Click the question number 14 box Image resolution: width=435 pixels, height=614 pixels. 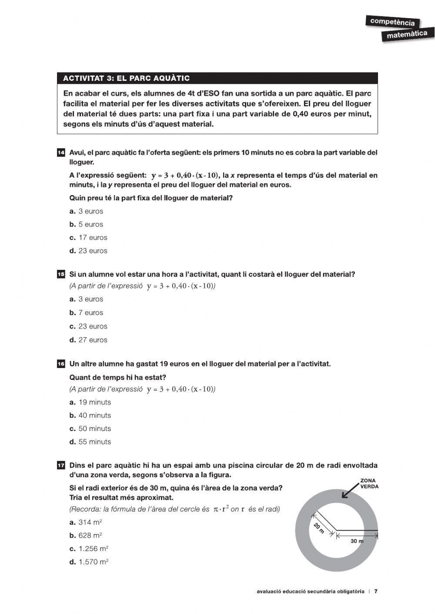point(61,153)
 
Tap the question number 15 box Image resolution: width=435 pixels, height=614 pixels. point(61,274)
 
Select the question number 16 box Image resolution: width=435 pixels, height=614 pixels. point(61,364)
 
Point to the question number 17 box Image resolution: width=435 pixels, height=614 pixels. point(61,465)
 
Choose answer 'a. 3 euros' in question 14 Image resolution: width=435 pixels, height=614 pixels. point(86,211)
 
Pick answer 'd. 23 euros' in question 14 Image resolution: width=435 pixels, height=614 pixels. point(88,251)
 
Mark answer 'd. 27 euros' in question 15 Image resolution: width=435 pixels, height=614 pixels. point(88,340)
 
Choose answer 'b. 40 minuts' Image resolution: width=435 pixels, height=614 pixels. point(90,415)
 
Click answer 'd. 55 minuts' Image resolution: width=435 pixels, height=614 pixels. point(90,442)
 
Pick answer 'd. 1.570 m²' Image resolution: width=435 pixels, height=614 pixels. point(89,562)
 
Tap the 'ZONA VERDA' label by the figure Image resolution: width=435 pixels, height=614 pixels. point(369,484)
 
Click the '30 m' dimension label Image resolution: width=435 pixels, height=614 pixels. point(357,541)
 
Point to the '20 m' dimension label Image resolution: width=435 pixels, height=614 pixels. point(319,528)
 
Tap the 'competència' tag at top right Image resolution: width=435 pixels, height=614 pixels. point(392,21)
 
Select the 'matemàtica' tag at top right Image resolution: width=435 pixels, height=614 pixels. point(407,34)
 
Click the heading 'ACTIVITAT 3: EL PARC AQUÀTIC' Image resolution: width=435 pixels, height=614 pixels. point(126,78)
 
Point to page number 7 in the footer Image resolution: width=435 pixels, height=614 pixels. point(376,591)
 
